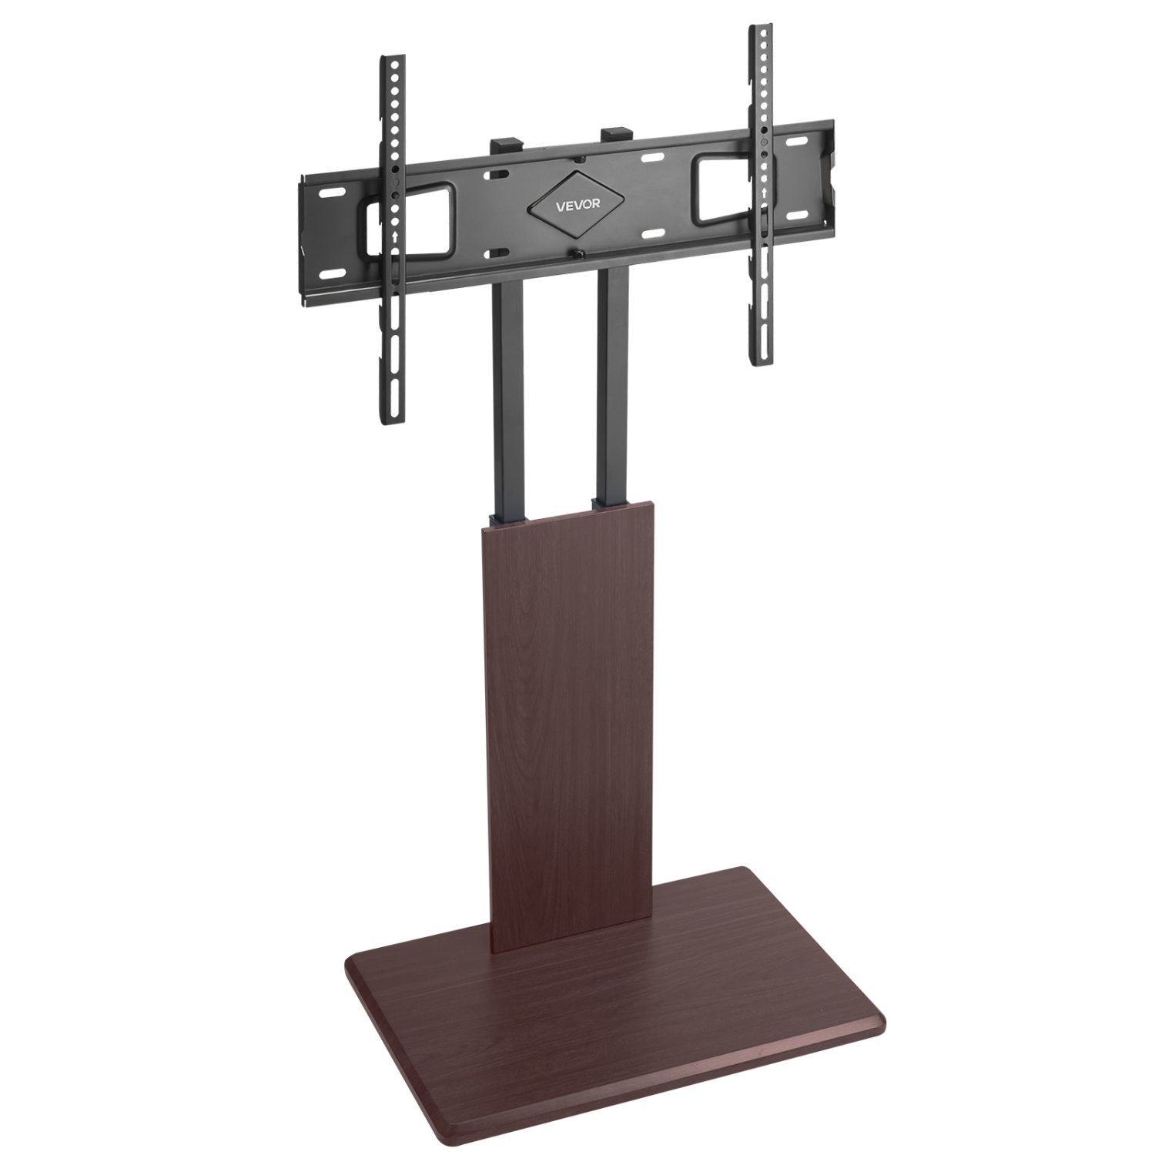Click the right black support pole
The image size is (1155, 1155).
coord(612,385)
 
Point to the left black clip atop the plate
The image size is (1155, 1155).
coord(506,143)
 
